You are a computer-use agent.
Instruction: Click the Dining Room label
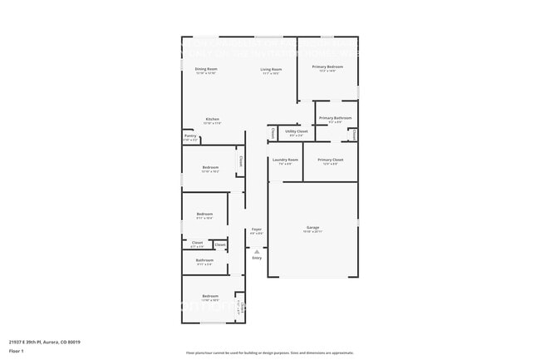click(x=206, y=69)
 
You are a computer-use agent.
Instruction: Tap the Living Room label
click(x=271, y=69)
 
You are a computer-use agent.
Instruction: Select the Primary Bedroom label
click(x=327, y=67)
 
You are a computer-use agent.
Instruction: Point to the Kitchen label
click(x=213, y=119)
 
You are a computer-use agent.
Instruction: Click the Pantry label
click(x=190, y=136)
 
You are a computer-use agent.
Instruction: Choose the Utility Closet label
click(x=297, y=131)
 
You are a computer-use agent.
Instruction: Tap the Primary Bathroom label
click(x=335, y=118)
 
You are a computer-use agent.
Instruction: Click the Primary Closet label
click(x=330, y=160)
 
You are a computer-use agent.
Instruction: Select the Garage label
click(x=313, y=227)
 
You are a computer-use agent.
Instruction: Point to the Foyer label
click(x=257, y=229)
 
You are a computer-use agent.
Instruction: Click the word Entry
click(x=257, y=258)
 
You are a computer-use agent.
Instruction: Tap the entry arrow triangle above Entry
click(x=257, y=250)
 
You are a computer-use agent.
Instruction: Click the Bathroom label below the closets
click(x=204, y=260)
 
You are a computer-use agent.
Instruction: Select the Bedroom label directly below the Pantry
click(x=210, y=167)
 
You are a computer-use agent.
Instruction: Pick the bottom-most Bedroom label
click(x=210, y=296)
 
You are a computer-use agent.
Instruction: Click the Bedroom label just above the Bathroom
click(x=205, y=215)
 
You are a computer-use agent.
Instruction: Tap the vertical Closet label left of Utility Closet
click(x=272, y=131)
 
